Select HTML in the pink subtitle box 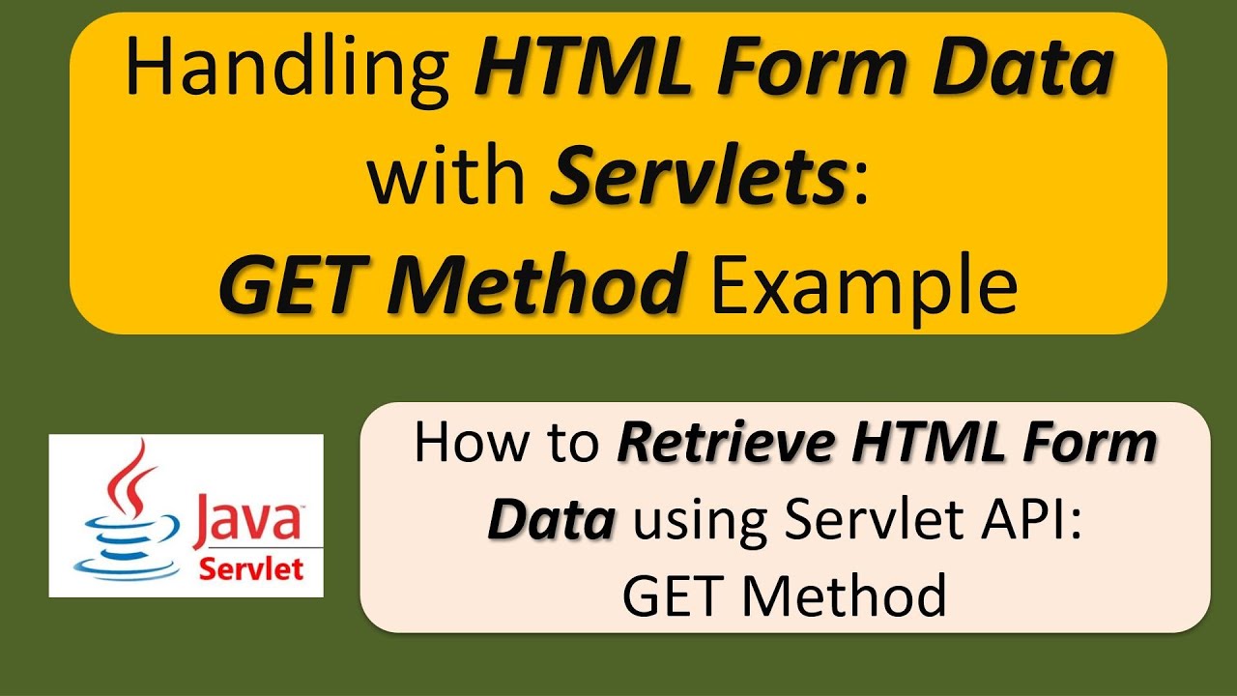[x=933, y=444]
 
